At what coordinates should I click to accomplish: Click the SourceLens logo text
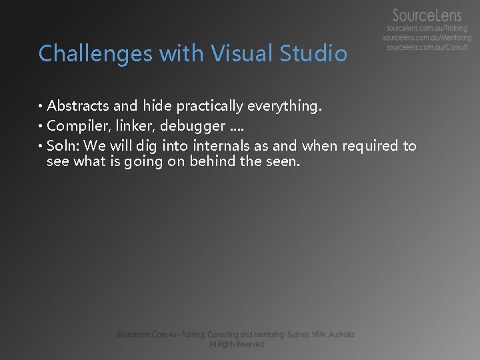[x=427, y=15]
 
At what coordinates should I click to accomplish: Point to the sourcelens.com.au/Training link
[x=427, y=29]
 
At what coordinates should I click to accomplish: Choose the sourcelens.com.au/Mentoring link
[x=427, y=38]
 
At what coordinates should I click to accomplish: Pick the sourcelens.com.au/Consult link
[x=427, y=47]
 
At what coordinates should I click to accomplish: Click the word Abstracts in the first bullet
[x=78, y=105]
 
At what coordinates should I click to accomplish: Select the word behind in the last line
[x=213, y=161]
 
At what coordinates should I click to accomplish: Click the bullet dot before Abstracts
[x=41, y=106]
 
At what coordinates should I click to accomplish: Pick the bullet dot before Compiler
[x=41, y=126]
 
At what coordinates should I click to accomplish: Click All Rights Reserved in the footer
[x=236, y=344]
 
